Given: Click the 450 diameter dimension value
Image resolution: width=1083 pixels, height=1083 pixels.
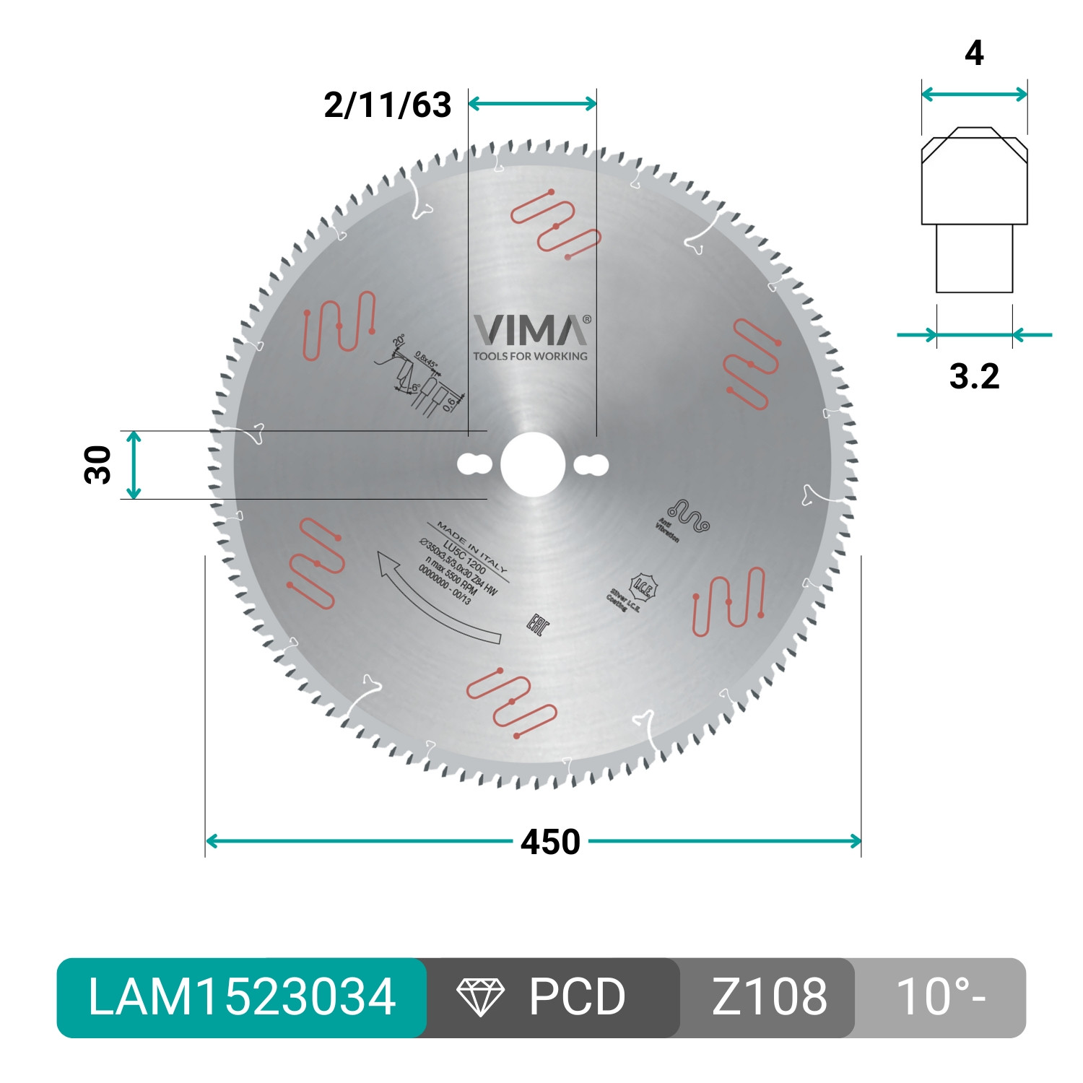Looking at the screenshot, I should point(550,843).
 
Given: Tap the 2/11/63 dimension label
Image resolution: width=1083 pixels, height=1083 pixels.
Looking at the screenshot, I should point(387,105).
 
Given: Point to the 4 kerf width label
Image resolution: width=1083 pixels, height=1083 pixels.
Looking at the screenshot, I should point(974,54).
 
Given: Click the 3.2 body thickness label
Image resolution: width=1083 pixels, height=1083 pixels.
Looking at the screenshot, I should point(974,377).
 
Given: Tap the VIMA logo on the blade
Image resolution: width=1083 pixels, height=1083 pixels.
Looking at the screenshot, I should point(531,331).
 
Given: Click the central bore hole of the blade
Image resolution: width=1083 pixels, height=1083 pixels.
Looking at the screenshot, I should point(533,465).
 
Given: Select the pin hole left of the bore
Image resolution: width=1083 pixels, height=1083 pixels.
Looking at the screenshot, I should point(474,465).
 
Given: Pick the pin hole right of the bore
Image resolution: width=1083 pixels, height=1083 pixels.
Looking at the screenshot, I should point(591,465).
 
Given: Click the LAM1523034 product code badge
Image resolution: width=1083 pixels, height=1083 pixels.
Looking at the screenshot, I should point(242,998).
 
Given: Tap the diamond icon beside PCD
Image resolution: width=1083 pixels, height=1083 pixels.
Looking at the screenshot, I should point(480,998).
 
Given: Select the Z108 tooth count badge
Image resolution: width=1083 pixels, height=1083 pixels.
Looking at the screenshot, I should point(769,998).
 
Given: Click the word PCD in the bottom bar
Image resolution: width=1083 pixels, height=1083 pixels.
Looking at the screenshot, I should point(577,998).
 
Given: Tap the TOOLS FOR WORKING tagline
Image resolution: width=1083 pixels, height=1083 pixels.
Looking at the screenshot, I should point(531,356).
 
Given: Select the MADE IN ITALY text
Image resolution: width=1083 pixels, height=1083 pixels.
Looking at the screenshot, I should point(472,547).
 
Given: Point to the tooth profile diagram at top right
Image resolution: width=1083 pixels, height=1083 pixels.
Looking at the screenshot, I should point(974,209).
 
